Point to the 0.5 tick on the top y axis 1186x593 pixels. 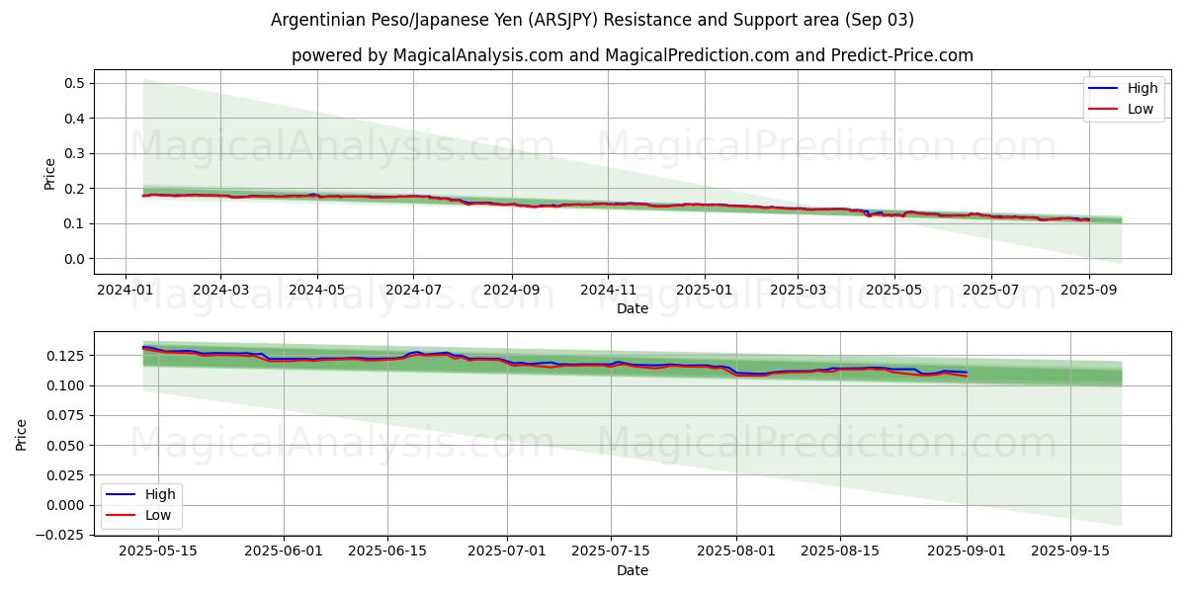click(x=73, y=83)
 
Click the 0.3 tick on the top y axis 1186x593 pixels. click(x=73, y=153)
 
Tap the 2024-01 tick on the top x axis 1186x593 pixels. click(x=125, y=291)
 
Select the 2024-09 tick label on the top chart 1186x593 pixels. click(x=511, y=291)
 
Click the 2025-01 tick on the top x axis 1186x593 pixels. click(x=705, y=291)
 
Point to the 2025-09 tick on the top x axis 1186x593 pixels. click(x=1088, y=291)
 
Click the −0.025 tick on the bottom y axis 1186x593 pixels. click(x=63, y=536)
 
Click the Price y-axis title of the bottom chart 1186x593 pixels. click(x=22, y=434)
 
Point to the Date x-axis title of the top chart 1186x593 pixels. click(x=633, y=308)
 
